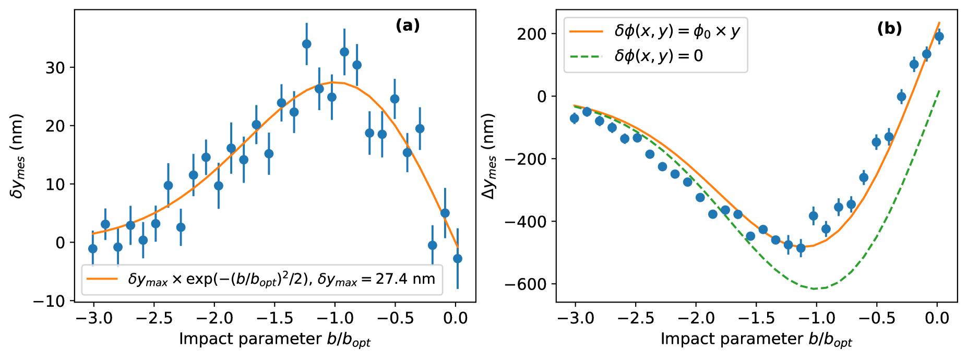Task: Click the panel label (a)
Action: (x=408, y=26)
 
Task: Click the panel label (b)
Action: (x=889, y=29)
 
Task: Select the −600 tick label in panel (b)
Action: (x=524, y=284)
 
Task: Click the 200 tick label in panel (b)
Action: (x=532, y=34)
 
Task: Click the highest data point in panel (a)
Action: (x=306, y=44)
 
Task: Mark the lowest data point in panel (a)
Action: (x=458, y=258)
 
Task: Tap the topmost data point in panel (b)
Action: (x=939, y=36)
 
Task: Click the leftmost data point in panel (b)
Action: (x=575, y=118)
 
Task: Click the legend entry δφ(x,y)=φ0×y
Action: (x=677, y=31)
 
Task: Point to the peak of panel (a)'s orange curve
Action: (x=333, y=82)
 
